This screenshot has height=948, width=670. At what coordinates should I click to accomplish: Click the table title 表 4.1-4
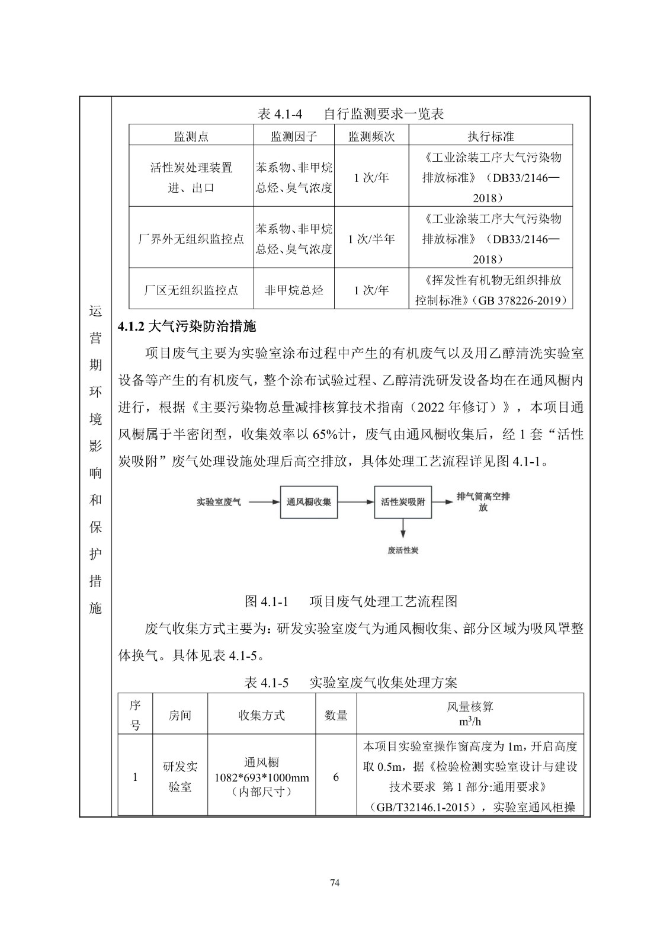coord(351,114)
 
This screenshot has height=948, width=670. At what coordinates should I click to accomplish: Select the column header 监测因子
coord(294,136)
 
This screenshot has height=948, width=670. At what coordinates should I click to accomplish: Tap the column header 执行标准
coord(491,136)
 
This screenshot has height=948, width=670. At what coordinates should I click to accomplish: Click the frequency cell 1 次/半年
coord(371,239)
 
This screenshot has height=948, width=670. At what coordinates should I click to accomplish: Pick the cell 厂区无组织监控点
coord(191,290)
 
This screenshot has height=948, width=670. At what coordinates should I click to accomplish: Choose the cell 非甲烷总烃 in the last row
coord(294,290)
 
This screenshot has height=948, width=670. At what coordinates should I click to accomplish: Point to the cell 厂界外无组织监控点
coord(191,239)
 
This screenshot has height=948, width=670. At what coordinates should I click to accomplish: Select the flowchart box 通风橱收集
coord(309,502)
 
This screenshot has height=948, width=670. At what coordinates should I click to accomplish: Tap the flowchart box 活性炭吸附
coord(403,502)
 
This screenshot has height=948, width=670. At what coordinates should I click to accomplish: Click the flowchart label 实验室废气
coord(219,502)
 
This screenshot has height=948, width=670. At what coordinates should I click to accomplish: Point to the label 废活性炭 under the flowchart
coord(403,550)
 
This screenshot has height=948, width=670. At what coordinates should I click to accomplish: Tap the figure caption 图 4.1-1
coord(351,601)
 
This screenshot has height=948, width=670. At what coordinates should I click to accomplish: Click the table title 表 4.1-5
coord(351,683)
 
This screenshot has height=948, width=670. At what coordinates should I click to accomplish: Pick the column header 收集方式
coord(261,715)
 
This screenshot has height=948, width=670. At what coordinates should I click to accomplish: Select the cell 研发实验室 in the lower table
coord(180,776)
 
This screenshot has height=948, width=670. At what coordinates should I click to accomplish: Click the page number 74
coord(335,883)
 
